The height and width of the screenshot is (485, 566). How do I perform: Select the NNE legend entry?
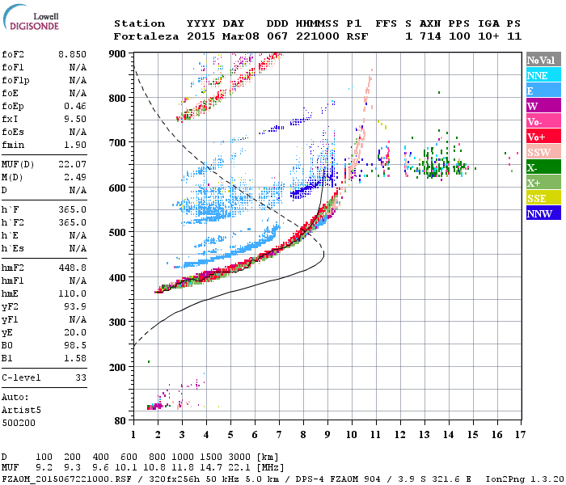[537, 75]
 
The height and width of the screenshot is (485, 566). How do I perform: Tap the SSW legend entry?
[539, 152]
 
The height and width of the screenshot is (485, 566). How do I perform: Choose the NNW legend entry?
[539, 214]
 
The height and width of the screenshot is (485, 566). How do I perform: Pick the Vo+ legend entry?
[536, 137]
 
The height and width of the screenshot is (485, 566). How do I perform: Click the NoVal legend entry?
[541, 60]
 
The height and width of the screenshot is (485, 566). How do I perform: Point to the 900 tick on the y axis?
[120, 53]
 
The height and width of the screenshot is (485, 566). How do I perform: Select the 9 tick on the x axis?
[327, 435]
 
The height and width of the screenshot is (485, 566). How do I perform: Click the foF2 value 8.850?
[73, 54]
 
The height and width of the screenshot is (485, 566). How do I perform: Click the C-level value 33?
[80, 377]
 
